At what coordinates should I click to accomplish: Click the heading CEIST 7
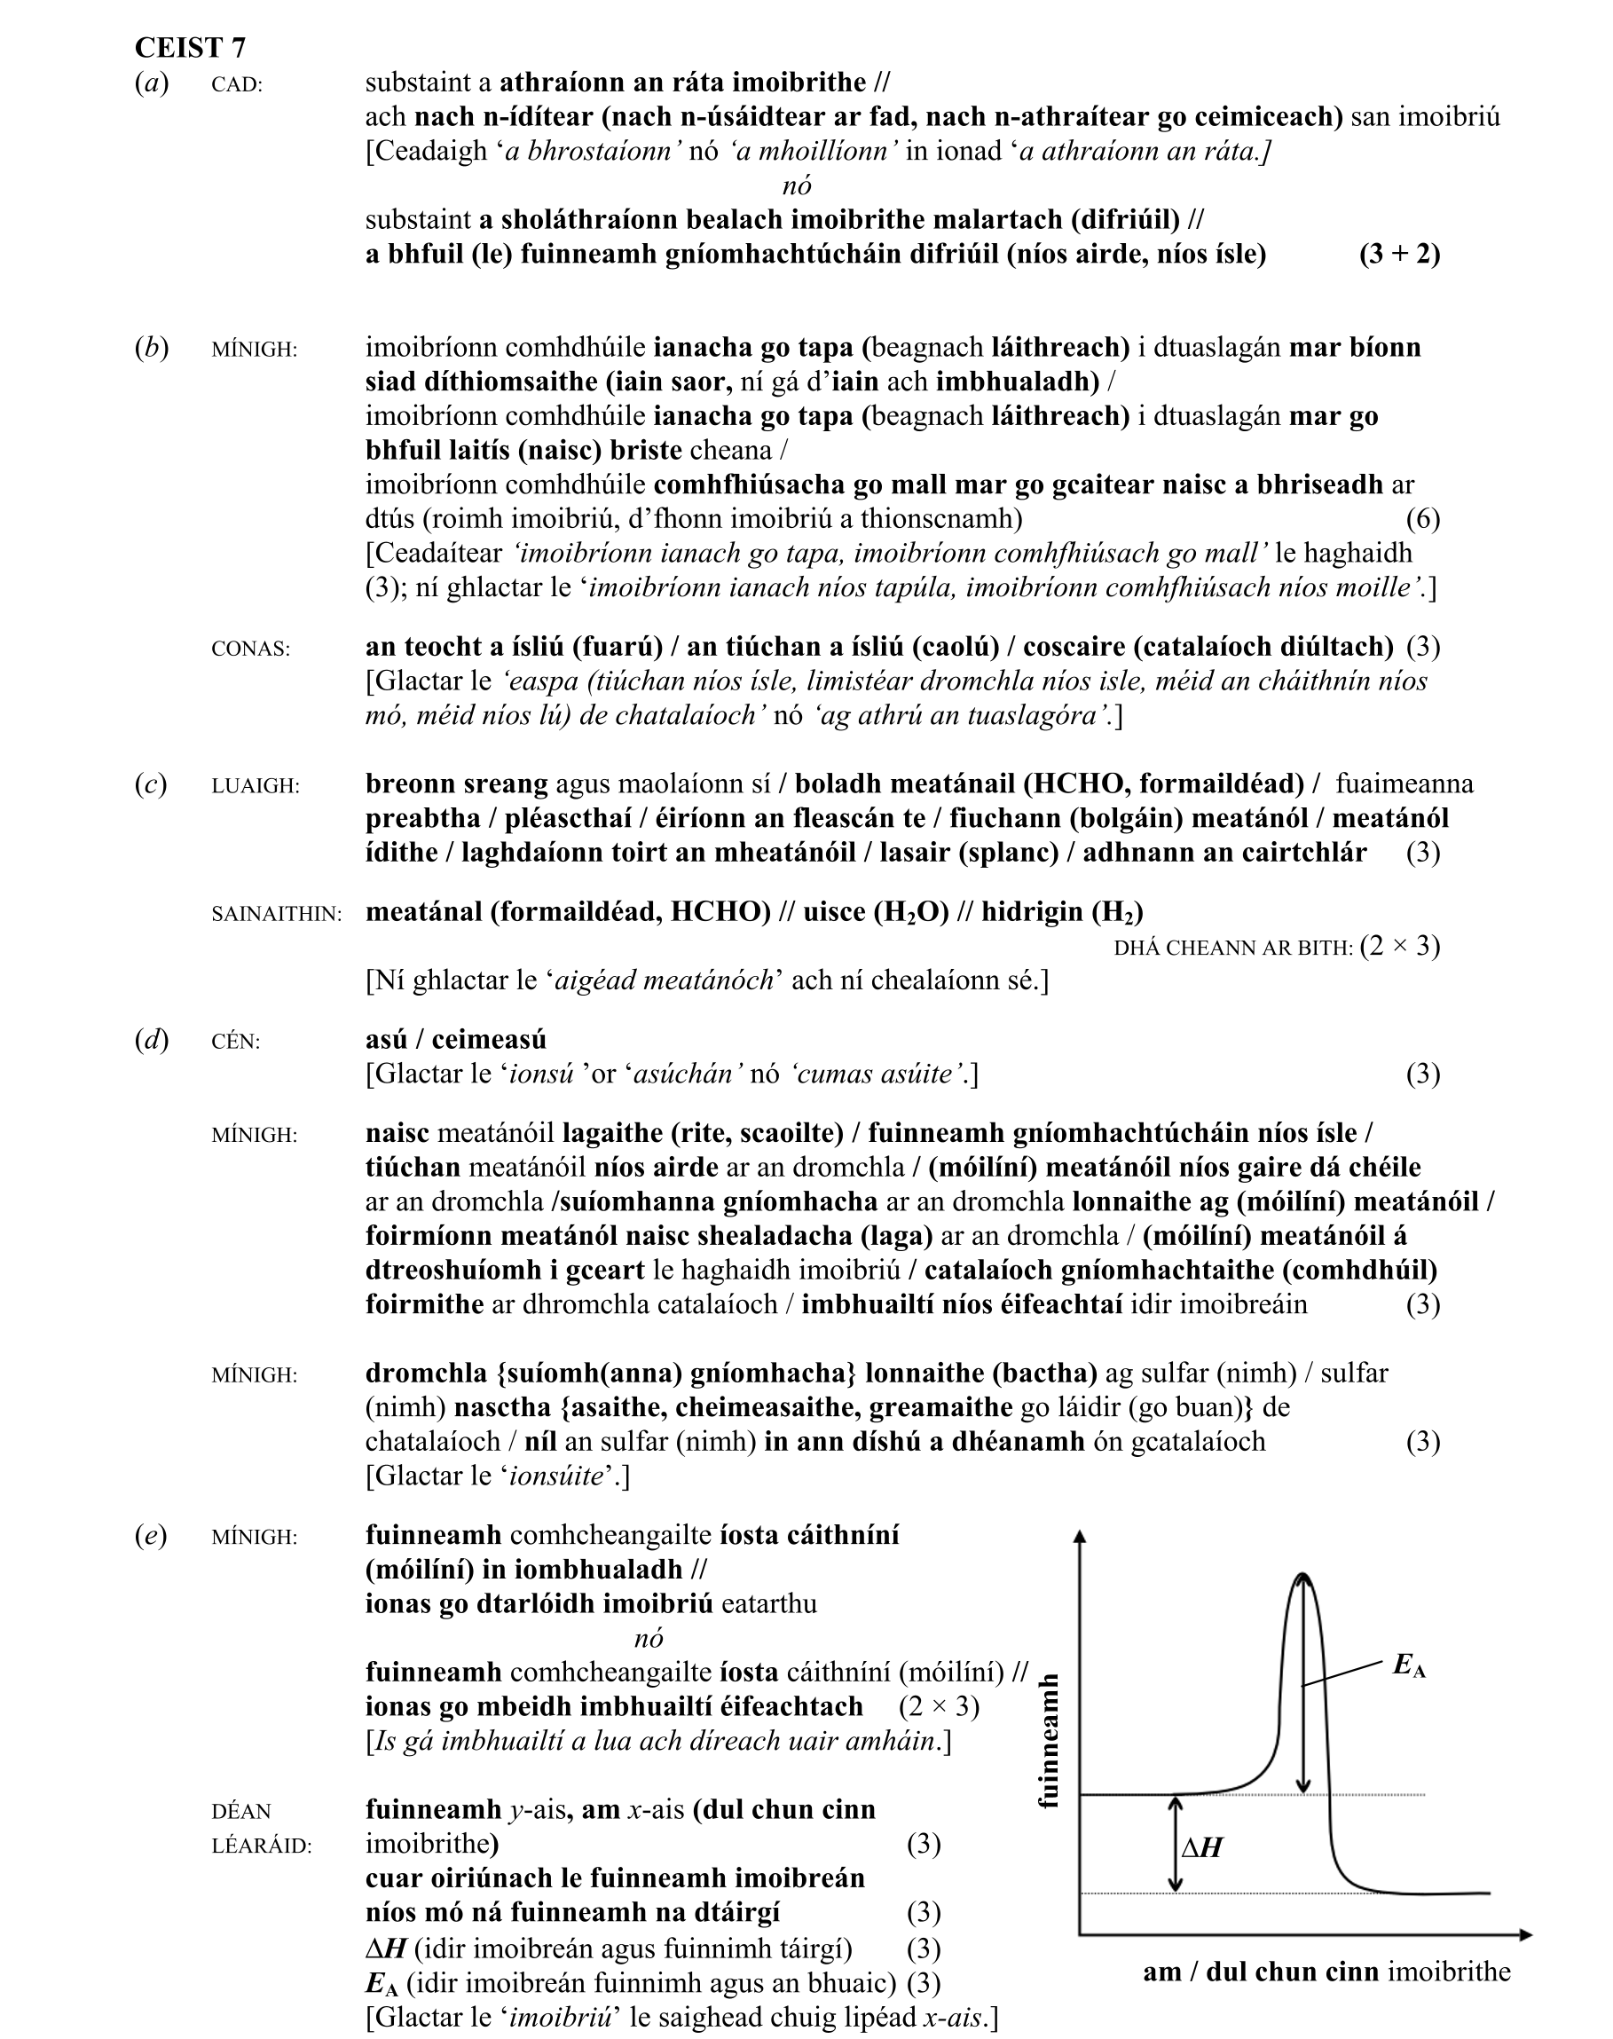coord(190,48)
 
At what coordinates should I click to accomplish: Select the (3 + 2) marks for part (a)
coord(1399,255)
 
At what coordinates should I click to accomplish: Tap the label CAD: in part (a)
coord(237,85)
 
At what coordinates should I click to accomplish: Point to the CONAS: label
coord(250,649)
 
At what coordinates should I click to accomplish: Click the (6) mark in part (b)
coord(1422,518)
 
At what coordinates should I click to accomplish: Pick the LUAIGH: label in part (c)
coord(255,786)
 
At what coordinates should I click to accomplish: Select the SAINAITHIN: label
coord(277,914)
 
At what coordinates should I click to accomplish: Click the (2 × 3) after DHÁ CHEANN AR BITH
coord(1399,947)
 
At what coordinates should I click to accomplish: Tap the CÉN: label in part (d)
coord(235,1042)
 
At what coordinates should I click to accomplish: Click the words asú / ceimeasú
coord(456,1040)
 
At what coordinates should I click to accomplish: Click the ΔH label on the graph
coord(1202,1847)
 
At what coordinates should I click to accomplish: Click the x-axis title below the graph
coord(1326,1972)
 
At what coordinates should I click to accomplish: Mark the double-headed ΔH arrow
coord(1176,1844)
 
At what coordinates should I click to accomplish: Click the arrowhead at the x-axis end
coord(1524,1935)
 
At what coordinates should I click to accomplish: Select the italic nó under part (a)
coord(797,186)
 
